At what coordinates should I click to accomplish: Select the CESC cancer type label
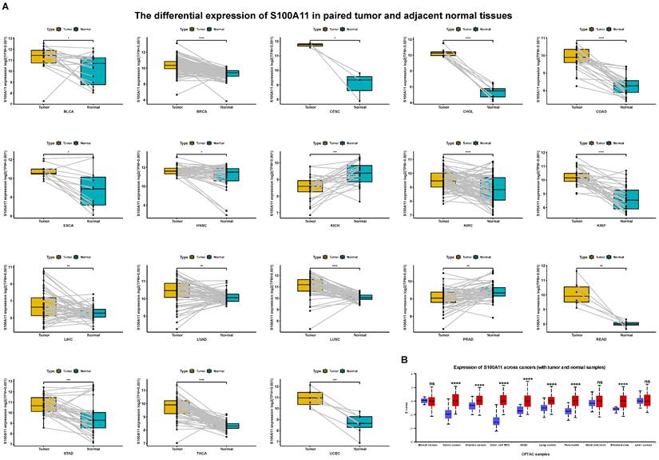336,111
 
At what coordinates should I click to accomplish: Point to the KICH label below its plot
336,226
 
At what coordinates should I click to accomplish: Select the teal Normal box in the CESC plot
359,83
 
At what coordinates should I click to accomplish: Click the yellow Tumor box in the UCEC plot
309,398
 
